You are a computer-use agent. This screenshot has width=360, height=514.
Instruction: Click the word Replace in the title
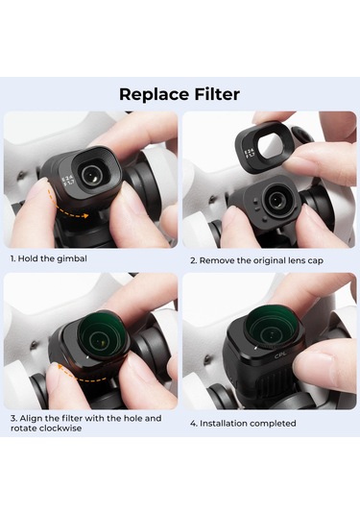(152, 94)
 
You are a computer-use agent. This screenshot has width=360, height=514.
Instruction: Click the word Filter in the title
(214, 94)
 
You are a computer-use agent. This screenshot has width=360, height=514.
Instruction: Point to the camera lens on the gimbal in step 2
(276, 200)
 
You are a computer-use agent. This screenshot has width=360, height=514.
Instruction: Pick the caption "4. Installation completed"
(243, 423)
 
